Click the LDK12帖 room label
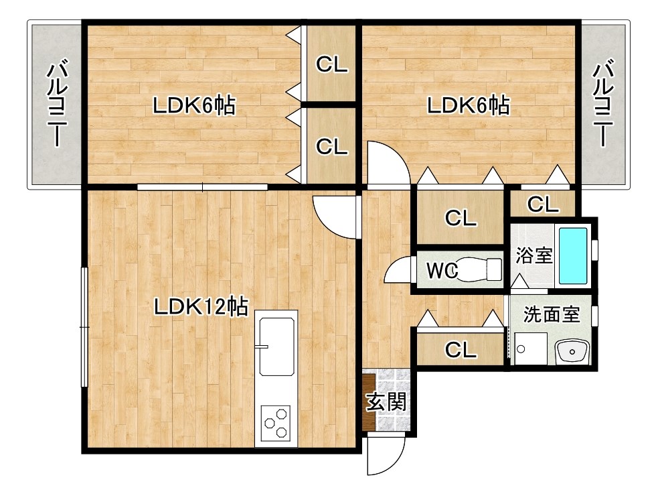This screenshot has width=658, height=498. click(x=200, y=307)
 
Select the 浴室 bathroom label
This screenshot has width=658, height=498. click(x=533, y=255)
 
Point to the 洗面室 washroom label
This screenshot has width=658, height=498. click(x=551, y=315)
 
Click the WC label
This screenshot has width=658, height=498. click(x=442, y=271)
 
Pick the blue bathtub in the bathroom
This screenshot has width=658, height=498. click(x=573, y=255)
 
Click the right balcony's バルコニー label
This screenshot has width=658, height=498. click(x=604, y=104)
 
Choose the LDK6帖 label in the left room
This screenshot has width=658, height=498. click(x=193, y=105)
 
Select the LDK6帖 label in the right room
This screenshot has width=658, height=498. click(x=469, y=105)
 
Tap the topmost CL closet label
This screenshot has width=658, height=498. click(x=331, y=64)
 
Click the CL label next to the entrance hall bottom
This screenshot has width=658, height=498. click(x=461, y=349)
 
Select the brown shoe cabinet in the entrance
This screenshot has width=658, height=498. click(x=369, y=402)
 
